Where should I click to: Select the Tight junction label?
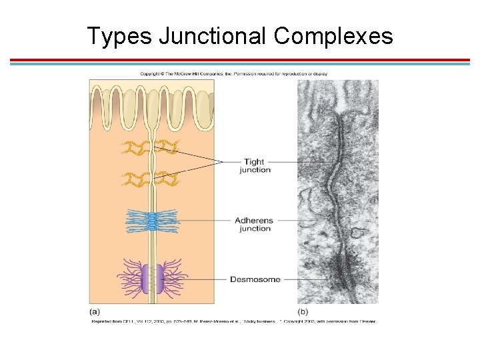click(x=255, y=165)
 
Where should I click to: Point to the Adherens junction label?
click(x=255, y=224)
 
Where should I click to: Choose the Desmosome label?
click(x=255, y=279)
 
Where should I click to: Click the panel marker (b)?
click(x=303, y=311)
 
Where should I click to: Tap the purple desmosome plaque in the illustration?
click(x=153, y=279)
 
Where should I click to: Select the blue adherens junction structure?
click(x=153, y=221)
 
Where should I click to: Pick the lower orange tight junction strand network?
click(x=152, y=179)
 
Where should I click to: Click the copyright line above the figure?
click(x=233, y=73)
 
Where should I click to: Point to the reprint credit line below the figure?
click(x=233, y=321)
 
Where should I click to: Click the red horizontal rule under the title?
click(x=240, y=60)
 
